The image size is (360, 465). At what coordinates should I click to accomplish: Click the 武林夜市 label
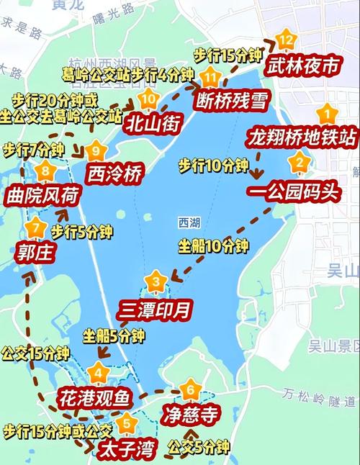(x=302, y=66)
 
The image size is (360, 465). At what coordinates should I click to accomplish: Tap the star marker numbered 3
(x=156, y=280)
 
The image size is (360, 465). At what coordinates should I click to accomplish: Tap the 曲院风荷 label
(x=42, y=195)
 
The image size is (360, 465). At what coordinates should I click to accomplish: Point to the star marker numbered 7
(x=36, y=228)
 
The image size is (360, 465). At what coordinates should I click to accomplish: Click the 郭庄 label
(x=35, y=253)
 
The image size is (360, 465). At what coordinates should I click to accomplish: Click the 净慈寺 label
(x=191, y=415)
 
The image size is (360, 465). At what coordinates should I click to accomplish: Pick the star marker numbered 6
(x=190, y=391)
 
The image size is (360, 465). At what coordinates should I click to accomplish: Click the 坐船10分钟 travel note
(x=213, y=245)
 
